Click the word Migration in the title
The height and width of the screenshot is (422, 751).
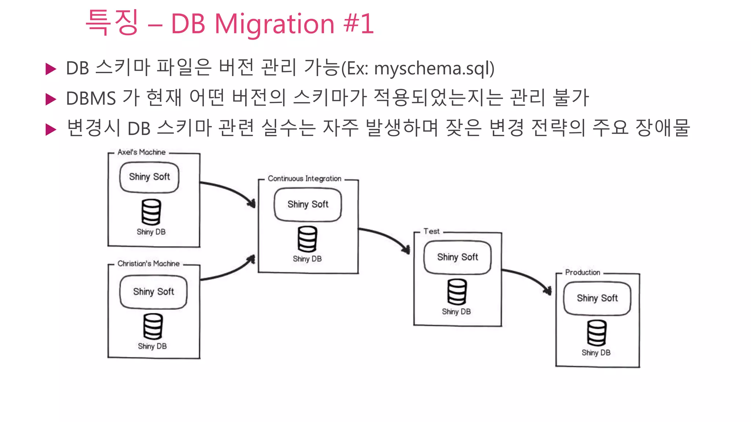[x=274, y=24]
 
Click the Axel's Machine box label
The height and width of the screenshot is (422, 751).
[x=142, y=152]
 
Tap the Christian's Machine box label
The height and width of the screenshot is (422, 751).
[x=149, y=264]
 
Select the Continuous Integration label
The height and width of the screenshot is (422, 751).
[x=304, y=179]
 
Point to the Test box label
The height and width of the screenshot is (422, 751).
[x=431, y=232]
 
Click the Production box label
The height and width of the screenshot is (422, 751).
[x=582, y=273]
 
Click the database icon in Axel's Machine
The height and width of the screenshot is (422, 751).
[x=151, y=212]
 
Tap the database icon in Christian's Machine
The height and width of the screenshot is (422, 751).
[x=153, y=326]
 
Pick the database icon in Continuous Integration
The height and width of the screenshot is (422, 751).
[x=307, y=239]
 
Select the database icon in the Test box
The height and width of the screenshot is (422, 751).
[x=457, y=292]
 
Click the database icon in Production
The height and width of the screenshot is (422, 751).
[x=597, y=333]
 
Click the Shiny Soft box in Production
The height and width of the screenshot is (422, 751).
[x=597, y=298]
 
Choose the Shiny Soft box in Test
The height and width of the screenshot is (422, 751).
[x=457, y=257]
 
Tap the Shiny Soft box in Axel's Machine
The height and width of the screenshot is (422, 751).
[x=149, y=177]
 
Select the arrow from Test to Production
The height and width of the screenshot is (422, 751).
[x=528, y=277]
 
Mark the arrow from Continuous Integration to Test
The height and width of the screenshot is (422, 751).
[x=385, y=236]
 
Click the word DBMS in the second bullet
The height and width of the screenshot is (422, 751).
[x=91, y=99]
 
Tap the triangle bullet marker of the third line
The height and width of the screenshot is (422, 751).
[x=51, y=129]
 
